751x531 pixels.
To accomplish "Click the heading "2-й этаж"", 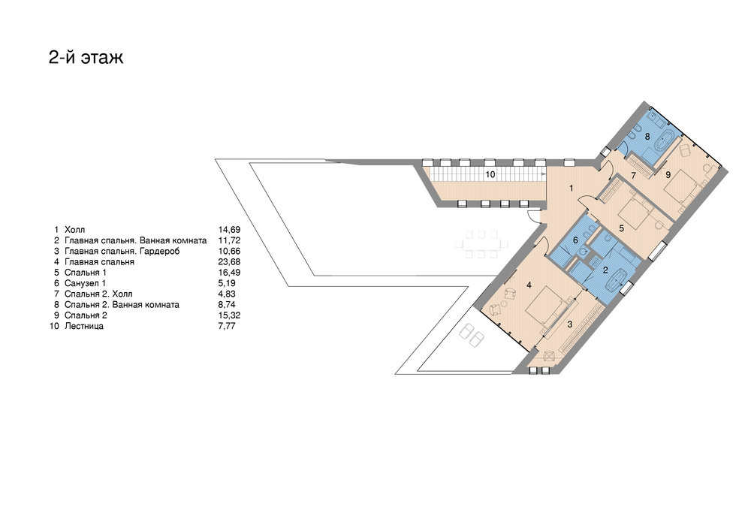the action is [x=86, y=57].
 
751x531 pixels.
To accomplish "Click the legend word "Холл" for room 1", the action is [x=74, y=230].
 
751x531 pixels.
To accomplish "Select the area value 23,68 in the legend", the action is [x=229, y=262].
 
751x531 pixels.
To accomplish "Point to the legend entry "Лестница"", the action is [x=84, y=327].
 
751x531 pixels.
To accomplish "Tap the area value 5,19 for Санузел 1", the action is [x=227, y=283].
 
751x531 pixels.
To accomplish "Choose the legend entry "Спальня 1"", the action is [x=86, y=273].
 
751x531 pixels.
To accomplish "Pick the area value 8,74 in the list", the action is [x=227, y=304].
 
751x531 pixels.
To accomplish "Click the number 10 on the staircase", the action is [x=490, y=175].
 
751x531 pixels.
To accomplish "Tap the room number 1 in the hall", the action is [x=571, y=189].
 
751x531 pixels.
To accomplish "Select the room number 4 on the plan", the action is [x=529, y=285].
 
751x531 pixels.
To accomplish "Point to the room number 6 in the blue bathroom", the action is [x=576, y=240].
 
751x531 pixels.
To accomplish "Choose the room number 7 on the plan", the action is [x=633, y=176].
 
